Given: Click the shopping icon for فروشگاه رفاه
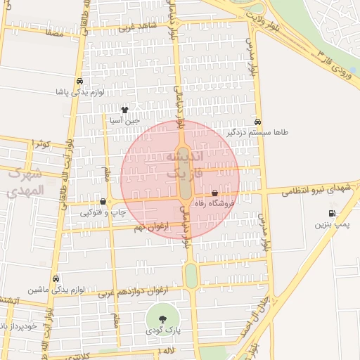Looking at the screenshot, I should tap(214, 193).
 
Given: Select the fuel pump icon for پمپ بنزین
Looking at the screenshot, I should tap(331, 214).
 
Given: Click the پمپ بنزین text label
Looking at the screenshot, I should tap(332, 224).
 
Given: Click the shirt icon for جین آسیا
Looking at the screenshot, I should tap(125, 110).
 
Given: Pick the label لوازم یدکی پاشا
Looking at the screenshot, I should tap(81, 91).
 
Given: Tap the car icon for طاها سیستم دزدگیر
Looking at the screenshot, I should tap(258, 122).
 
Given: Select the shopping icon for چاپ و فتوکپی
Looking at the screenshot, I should tap(103, 202).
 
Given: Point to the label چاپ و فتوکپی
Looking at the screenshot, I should tap(103, 212).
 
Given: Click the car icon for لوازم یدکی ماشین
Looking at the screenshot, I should tap(56, 279).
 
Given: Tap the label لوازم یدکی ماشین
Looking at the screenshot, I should tap(56, 290).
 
